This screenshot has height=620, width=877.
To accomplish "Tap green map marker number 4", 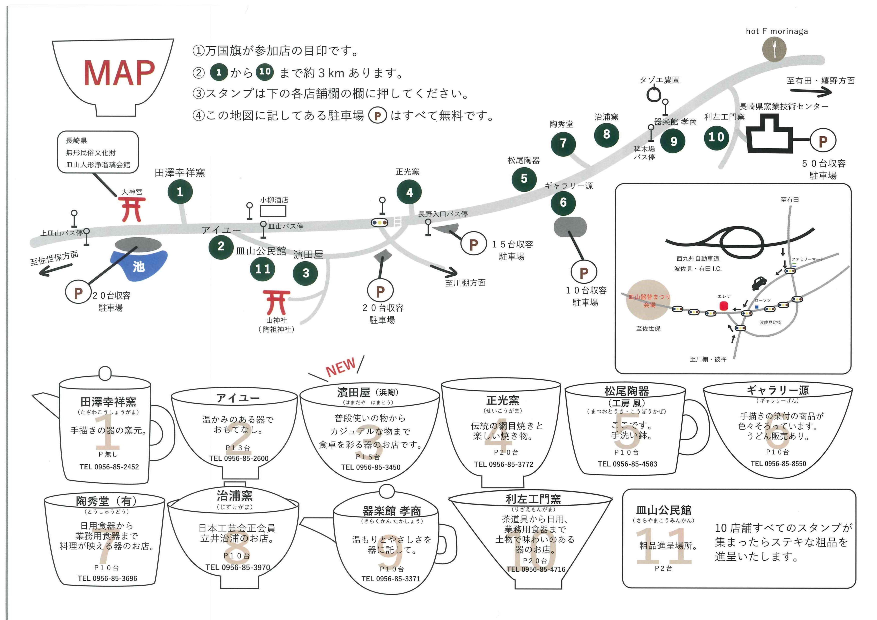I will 409,192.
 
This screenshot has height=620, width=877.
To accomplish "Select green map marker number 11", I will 262,269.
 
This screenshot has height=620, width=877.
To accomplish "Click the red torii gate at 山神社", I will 276,302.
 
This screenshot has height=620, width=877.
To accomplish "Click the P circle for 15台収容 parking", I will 473,244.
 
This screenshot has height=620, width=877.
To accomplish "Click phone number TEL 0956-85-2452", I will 109,467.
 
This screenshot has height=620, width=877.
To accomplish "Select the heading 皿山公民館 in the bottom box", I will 663,510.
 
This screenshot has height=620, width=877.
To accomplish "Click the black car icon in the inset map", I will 758,283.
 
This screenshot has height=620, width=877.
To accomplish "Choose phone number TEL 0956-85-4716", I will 536,569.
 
